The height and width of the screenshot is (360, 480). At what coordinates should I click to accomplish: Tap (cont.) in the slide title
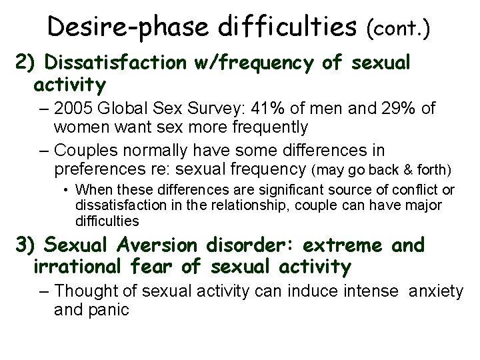(x=398, y=28)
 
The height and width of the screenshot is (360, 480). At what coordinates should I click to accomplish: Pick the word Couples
(x=83, y=150)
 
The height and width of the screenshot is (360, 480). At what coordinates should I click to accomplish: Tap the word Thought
(x=83, y=291)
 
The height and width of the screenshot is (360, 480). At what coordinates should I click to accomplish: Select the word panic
(x=108, y=309)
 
